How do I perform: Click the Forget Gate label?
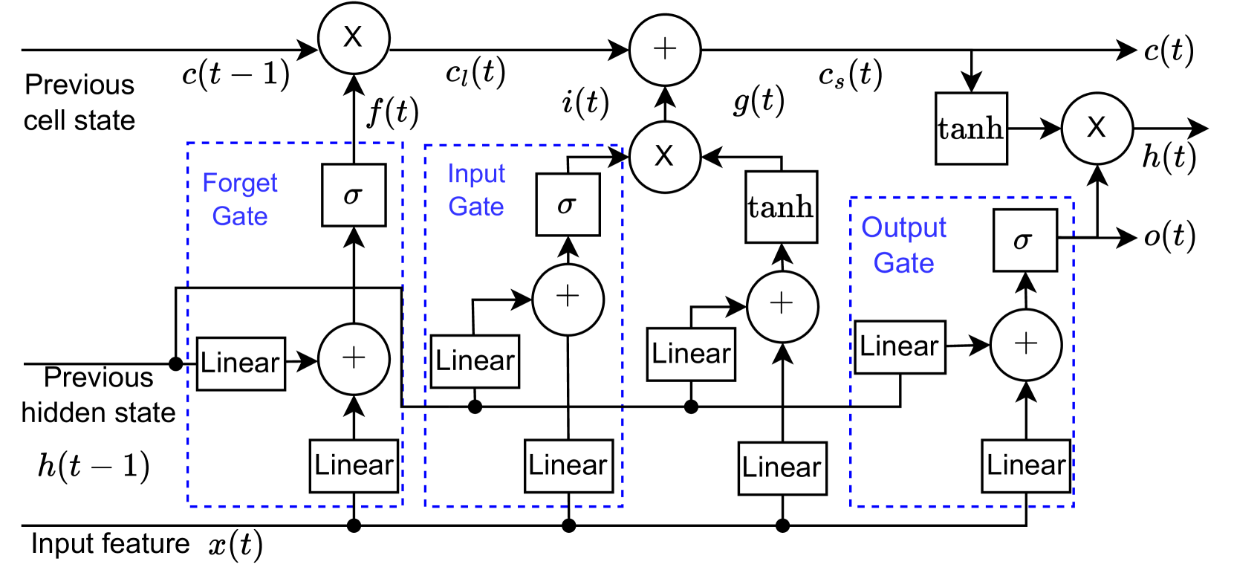(239, 199)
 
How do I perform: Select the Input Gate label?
(476, 190)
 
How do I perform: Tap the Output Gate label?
(903, 245)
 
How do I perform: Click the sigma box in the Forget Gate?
(354, 195)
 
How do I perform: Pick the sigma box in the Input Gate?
(568, 204)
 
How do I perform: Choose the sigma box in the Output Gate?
(1024, 240)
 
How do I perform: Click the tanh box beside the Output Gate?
(781, 207)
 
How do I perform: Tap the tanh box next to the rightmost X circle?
(971, 129)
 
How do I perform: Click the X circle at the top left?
(354, 38)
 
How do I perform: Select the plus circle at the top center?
(665, 50)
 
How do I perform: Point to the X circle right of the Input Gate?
(665, 157)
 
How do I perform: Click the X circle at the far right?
(1097, 129)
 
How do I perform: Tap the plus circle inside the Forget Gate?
(354, 359)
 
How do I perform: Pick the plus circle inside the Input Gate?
(568, 300)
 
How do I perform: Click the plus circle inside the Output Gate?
(1025, 345)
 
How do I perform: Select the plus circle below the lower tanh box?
(782, 306)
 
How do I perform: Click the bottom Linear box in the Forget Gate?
(354, 466)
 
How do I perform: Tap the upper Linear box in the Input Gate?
(475, 361)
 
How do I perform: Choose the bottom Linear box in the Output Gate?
(1026, 466)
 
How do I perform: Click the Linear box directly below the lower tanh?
(782, 468)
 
